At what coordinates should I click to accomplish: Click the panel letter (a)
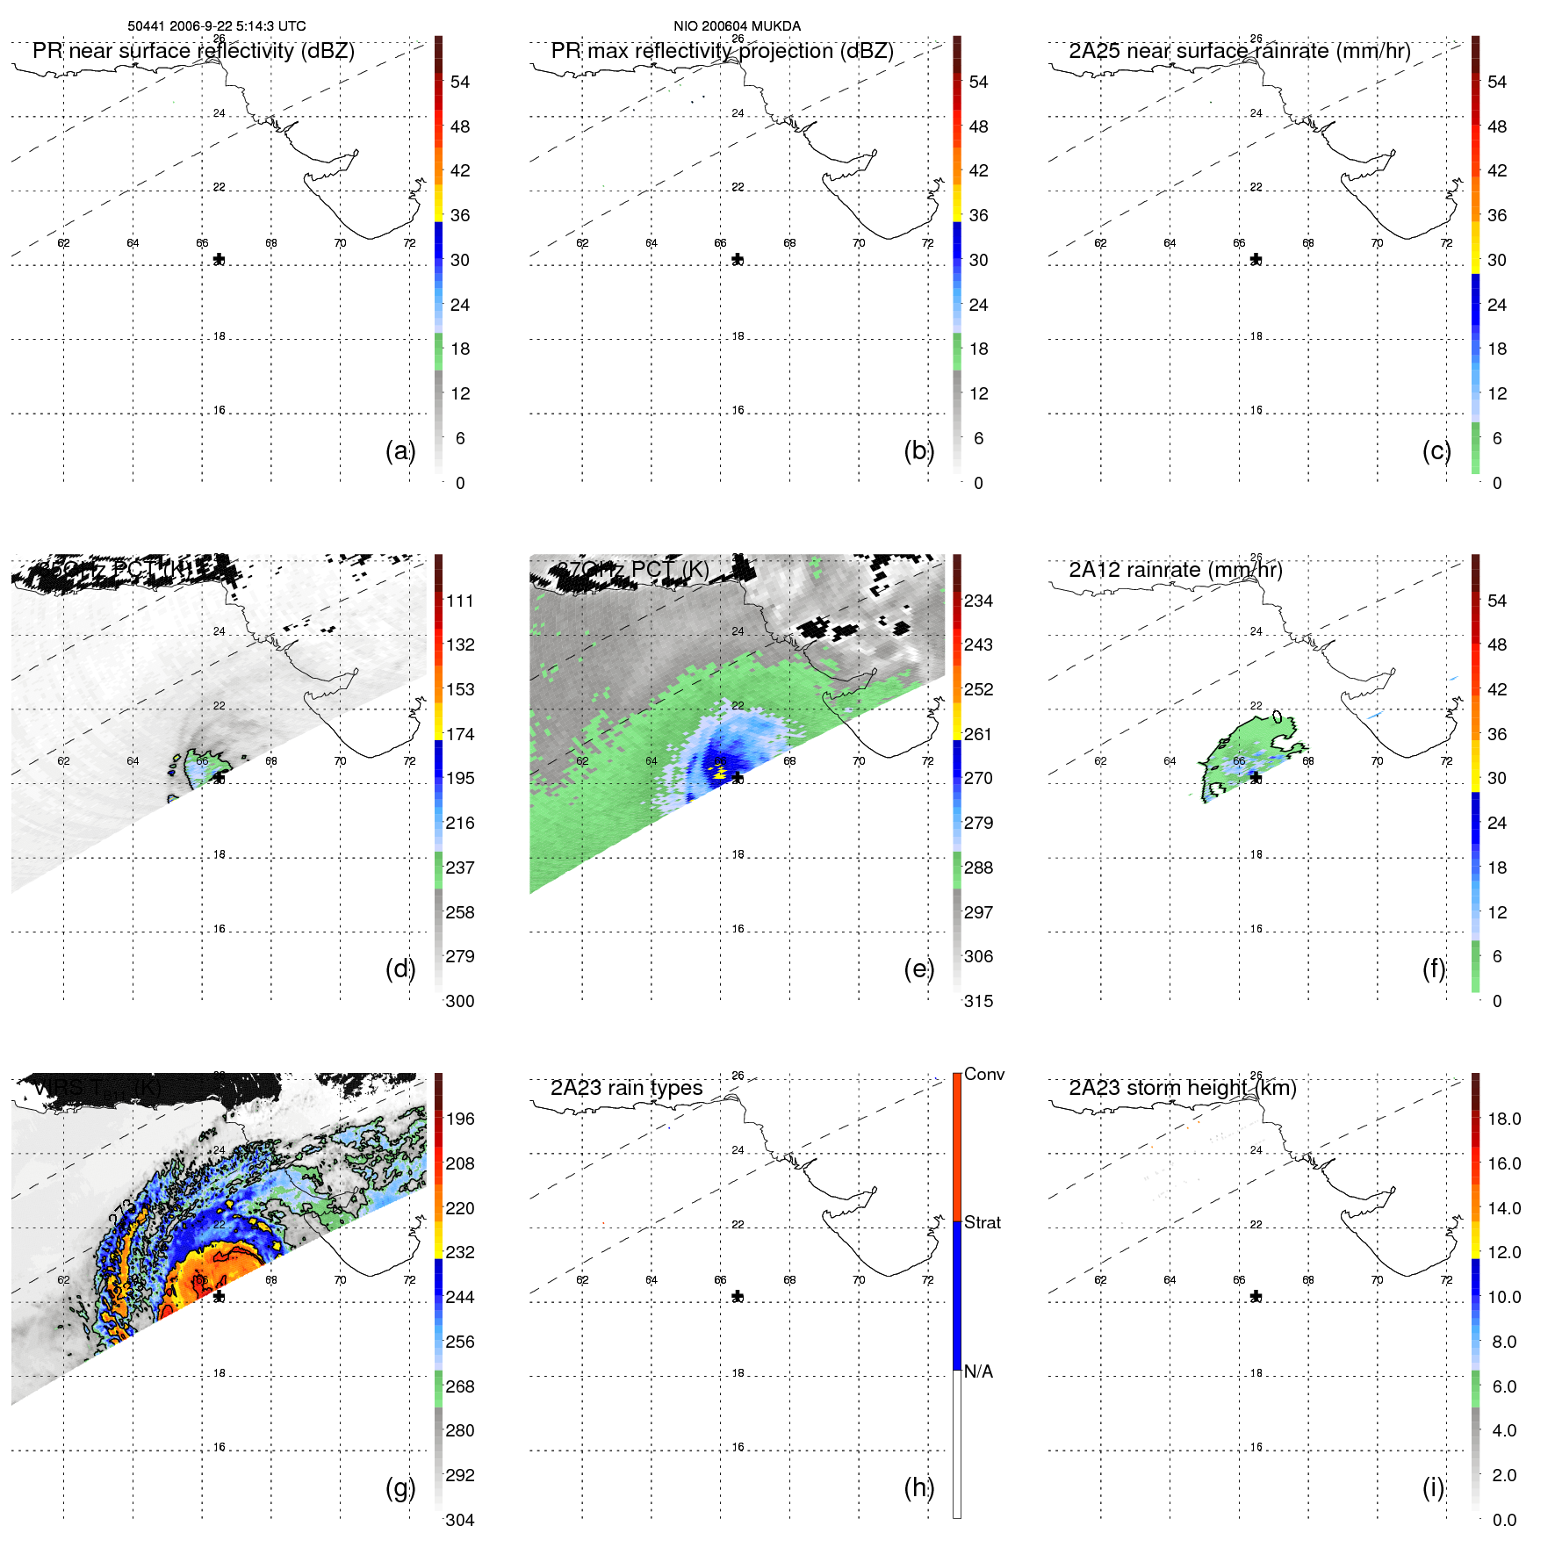tap(400, 450)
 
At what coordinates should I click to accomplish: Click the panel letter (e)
tap(918, 968)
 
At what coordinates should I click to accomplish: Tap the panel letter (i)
tap(1433, 1487)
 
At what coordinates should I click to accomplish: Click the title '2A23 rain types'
tap(626, 1088)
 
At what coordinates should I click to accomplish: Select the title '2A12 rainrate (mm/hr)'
tap(1175, 570)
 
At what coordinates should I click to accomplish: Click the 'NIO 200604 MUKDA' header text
tap(737, 26)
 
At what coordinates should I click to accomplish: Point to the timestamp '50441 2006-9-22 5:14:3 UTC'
tap(217, 26)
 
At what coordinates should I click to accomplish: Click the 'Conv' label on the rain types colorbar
tap(983, 1074)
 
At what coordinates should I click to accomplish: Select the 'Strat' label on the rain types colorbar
tap(982, 1222)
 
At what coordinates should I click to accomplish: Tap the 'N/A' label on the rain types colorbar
tap(978, 1371)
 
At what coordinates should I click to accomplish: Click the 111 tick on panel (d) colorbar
tap(459, 601)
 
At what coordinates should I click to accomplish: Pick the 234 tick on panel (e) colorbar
tap(978, 601)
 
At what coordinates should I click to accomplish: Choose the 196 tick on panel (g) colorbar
tap(459, 1119)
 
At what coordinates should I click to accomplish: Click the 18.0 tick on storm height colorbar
tap(1503, 1119)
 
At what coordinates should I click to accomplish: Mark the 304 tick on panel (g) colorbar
tap(459, 1520)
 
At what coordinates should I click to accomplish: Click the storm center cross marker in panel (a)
tap(219, 259)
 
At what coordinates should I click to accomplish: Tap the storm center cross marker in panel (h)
tap(738, 1296)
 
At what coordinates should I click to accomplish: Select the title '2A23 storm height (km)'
tap(1182, 1088)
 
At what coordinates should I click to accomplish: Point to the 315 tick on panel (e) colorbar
tap(978, 1001)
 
